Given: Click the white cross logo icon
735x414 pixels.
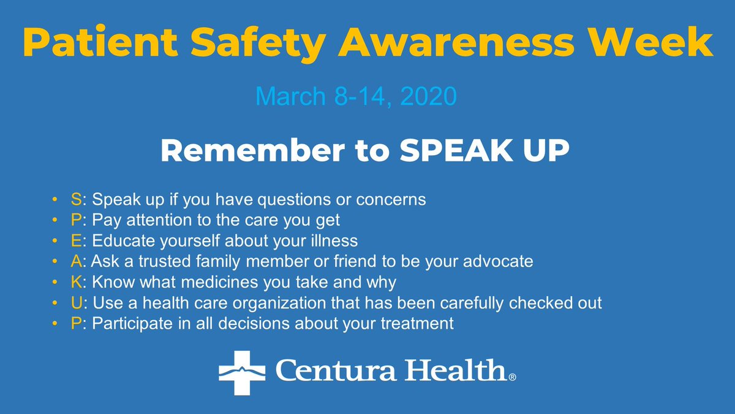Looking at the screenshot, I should (x=242, y=372).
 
